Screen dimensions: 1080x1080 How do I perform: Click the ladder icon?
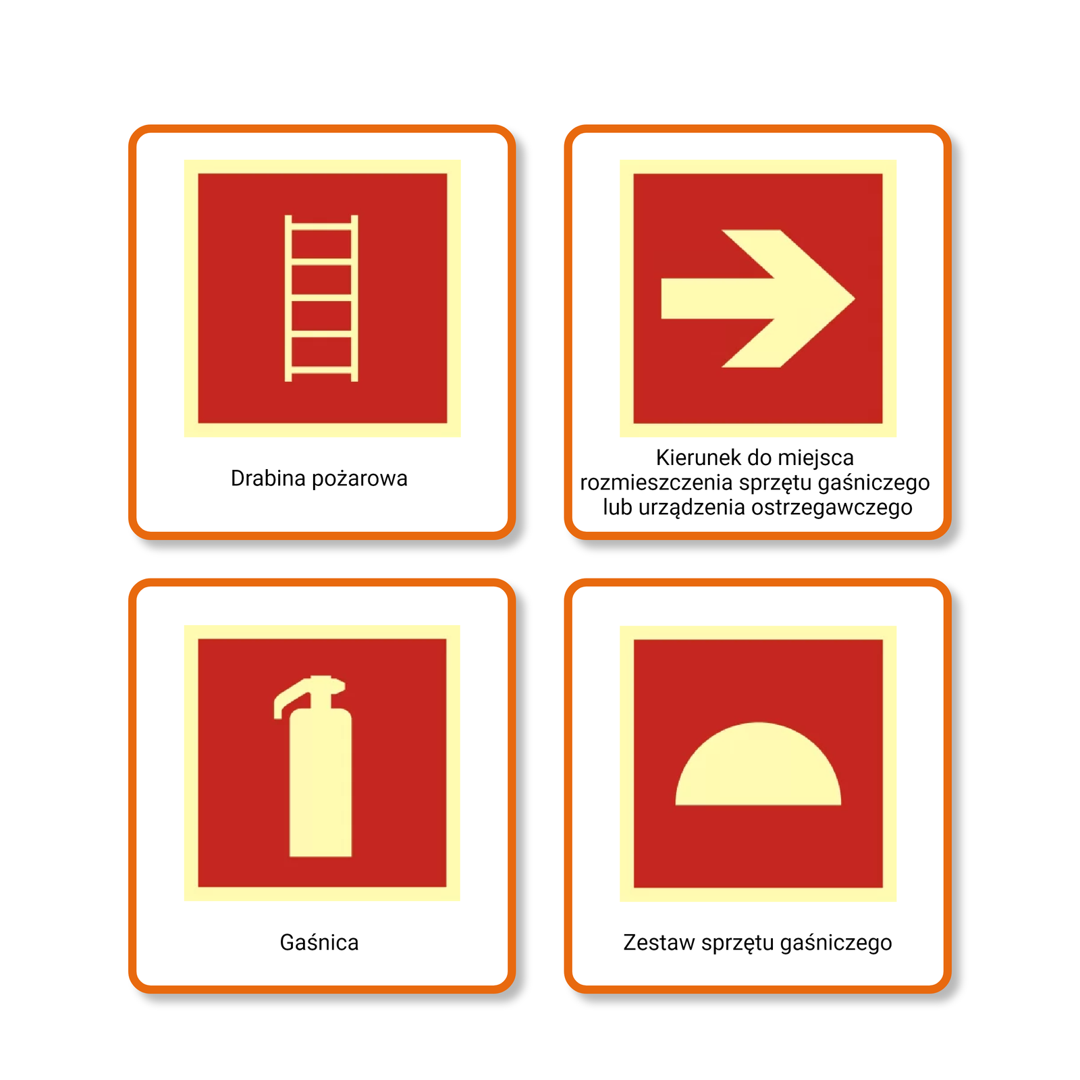coord(321,298)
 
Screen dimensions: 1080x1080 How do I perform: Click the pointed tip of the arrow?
coord(854,298)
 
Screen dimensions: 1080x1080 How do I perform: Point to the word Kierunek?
coord(699,458)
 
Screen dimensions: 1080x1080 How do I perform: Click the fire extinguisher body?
coord(320,783)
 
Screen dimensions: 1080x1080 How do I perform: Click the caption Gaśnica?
coord(319,942)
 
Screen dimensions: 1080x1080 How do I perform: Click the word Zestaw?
coord(659,942)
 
